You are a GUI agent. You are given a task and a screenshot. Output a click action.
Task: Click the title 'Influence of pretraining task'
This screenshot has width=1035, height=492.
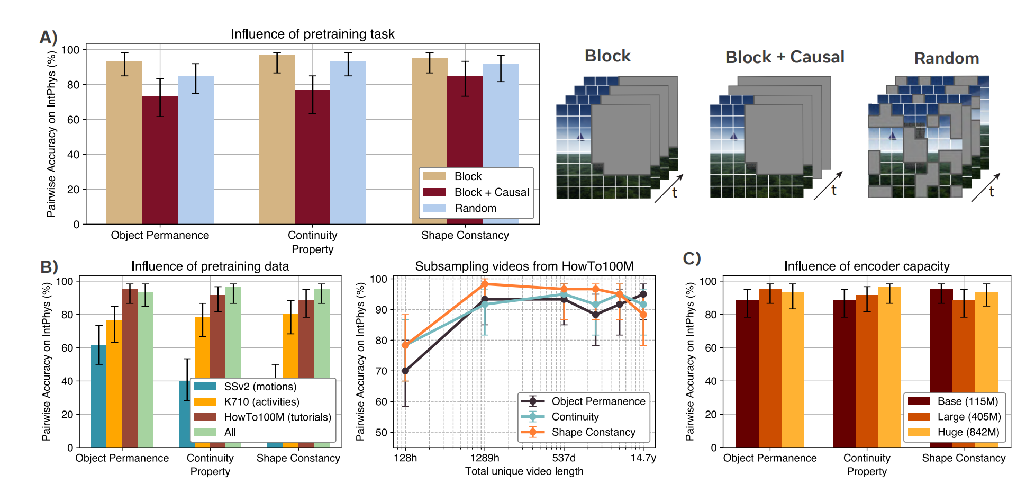point(312,34)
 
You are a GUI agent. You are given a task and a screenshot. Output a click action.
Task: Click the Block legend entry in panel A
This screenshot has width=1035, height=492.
point(468,176)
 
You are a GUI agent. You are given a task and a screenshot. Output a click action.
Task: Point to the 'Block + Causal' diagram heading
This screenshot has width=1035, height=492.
point(785,57)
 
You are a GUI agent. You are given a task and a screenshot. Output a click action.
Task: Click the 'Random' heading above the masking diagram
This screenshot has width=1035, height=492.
point(947,58)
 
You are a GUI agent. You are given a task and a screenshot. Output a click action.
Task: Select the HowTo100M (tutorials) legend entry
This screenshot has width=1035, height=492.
point(277,417)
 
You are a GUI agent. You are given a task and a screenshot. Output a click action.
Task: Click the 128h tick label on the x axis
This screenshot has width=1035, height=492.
point(405,458)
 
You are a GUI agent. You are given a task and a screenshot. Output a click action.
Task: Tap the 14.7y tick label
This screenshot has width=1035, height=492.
point(643,458)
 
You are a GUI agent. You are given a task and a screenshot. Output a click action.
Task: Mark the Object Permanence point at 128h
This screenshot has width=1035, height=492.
point(405,371)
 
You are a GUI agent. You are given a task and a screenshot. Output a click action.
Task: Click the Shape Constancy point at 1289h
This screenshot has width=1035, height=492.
point(484,284)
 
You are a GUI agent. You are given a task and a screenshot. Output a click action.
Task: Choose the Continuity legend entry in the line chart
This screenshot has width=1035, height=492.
point(575,417)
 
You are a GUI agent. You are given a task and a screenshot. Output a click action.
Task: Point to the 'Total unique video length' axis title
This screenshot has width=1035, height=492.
point(524,471)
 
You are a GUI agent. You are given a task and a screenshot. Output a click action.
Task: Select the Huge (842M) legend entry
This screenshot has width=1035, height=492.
point(968,432)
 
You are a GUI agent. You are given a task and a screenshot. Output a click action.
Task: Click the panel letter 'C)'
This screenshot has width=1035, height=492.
point(692,258)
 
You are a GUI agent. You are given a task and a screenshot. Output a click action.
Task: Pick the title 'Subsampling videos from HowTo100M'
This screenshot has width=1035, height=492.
point(524,266)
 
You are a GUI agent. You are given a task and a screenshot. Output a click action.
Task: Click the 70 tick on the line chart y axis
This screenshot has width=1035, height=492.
point(381,371)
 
